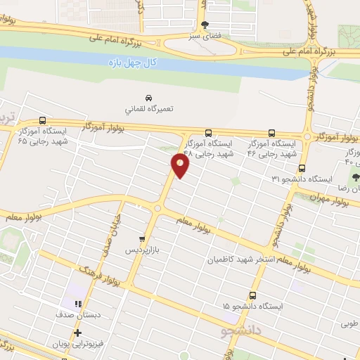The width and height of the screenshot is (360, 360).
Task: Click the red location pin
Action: [x=181, y=165]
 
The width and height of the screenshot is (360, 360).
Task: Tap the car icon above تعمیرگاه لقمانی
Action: [x=148, y=97]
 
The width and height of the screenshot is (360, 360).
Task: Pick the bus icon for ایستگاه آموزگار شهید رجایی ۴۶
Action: [x=272, y=132]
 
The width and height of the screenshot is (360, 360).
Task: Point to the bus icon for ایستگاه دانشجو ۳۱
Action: [x=302, y=168]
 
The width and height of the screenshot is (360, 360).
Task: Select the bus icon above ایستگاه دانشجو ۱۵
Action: [x=253, y=296]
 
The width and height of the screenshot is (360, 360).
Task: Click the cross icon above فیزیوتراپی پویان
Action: [x=77, y=333]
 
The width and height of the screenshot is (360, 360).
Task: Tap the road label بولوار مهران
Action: [x=330, y=199]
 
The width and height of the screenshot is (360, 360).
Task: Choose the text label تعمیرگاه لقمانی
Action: [x=148, y=110]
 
